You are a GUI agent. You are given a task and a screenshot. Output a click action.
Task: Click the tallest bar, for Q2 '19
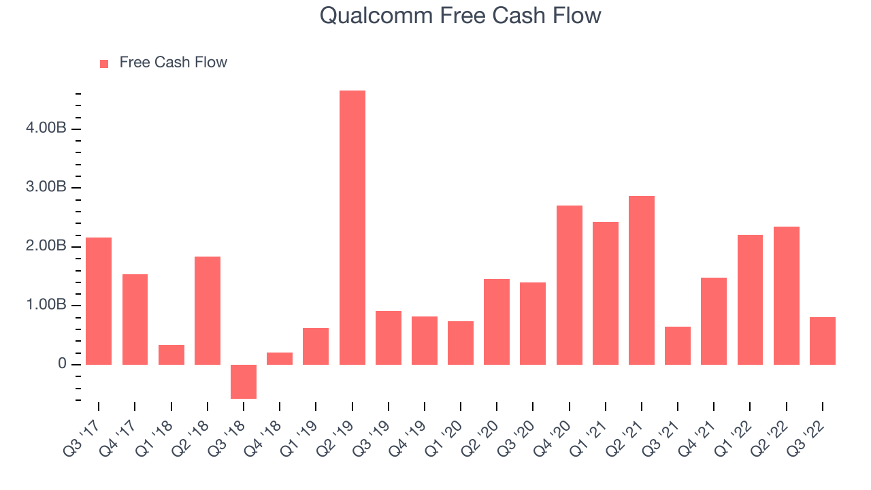point(352,227)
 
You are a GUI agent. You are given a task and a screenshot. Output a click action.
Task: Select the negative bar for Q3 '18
point(244,382)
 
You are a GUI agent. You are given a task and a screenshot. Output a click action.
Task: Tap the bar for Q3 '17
point(99,301)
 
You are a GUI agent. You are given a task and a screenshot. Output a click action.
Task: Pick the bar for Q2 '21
point(642,280)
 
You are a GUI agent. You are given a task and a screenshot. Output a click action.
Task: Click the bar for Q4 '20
point(570,285)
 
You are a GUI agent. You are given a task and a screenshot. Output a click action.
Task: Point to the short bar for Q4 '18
point(280,359)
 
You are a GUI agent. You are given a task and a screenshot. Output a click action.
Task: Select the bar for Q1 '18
point(171,355)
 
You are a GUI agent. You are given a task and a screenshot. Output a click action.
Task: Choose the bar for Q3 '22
point(823,341)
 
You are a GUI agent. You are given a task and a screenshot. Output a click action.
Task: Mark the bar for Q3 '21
point(678,346)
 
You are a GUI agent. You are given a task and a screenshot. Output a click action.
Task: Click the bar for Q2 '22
point(787,295)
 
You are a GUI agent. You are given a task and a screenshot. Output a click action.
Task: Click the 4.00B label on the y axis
point(46,127)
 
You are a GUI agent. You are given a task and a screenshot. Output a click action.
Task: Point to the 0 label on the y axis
point(62,363)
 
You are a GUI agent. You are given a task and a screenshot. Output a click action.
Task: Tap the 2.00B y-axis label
point(46,246)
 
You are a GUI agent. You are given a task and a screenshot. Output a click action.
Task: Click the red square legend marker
point(104,64)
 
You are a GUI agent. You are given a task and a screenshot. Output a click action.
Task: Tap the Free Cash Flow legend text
point(174,62)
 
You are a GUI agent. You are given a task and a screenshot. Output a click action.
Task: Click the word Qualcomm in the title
point(376,16)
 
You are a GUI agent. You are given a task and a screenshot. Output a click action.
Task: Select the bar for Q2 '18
point(208,311)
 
